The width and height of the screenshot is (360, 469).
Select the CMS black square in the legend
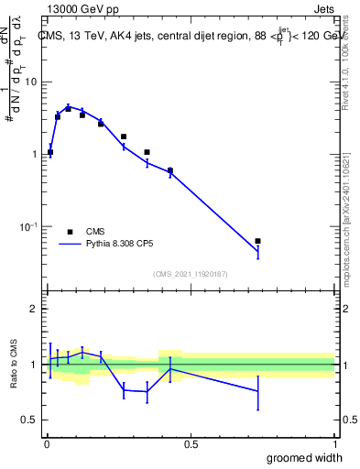(x=70, y=231)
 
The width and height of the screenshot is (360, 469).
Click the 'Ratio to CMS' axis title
(x=14, y=365)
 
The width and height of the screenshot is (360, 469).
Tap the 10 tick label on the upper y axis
(x=30, y=82)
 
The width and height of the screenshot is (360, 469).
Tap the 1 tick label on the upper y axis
(x=34, y=154)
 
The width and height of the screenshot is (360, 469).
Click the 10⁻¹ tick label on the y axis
(x=30, y=226)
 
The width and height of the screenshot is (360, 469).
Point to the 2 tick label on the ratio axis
(x=34, y=309)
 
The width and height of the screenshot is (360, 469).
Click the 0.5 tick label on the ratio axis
(x=29, y=420)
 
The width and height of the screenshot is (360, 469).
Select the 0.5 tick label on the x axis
(x=191, y=444)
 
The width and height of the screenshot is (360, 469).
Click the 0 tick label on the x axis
(x=47, y=444)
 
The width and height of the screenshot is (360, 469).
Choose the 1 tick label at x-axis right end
(x=334, y=444)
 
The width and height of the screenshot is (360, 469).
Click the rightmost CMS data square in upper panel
(x=258, y=241)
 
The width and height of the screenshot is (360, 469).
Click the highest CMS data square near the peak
(x=68, y=108)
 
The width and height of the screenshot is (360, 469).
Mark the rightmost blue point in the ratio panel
(x=258, y=391)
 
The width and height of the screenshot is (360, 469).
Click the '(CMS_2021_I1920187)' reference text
(x=191, y=274)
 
